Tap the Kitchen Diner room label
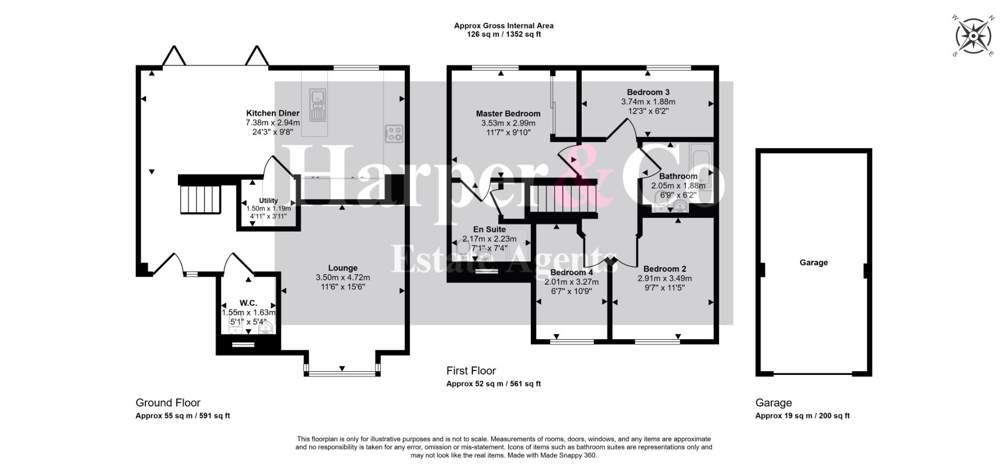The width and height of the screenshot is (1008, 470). [273, 113]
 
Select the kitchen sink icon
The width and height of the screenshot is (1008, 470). [318, 105]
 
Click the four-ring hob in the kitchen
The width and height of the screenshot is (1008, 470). [394, 133]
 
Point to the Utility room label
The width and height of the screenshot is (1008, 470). [268, 201]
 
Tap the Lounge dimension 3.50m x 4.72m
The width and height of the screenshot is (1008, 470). [343, 278]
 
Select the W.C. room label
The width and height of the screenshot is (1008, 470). [248, 303]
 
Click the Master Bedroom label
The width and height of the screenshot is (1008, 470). [508, 114]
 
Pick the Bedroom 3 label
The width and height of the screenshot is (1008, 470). [648, 92]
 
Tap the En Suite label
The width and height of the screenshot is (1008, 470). [489, 229]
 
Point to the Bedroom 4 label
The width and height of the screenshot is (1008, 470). [572, 273]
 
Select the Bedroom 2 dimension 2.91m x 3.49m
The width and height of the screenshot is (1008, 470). [665, 279]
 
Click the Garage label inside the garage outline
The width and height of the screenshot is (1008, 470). [814, 263]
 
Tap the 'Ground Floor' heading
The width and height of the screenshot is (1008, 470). [168, 403]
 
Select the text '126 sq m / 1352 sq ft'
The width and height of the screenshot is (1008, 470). [504, 35]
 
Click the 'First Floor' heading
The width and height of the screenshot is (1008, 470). [471, 371]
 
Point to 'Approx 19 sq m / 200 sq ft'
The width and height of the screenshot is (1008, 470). [802, 416]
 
